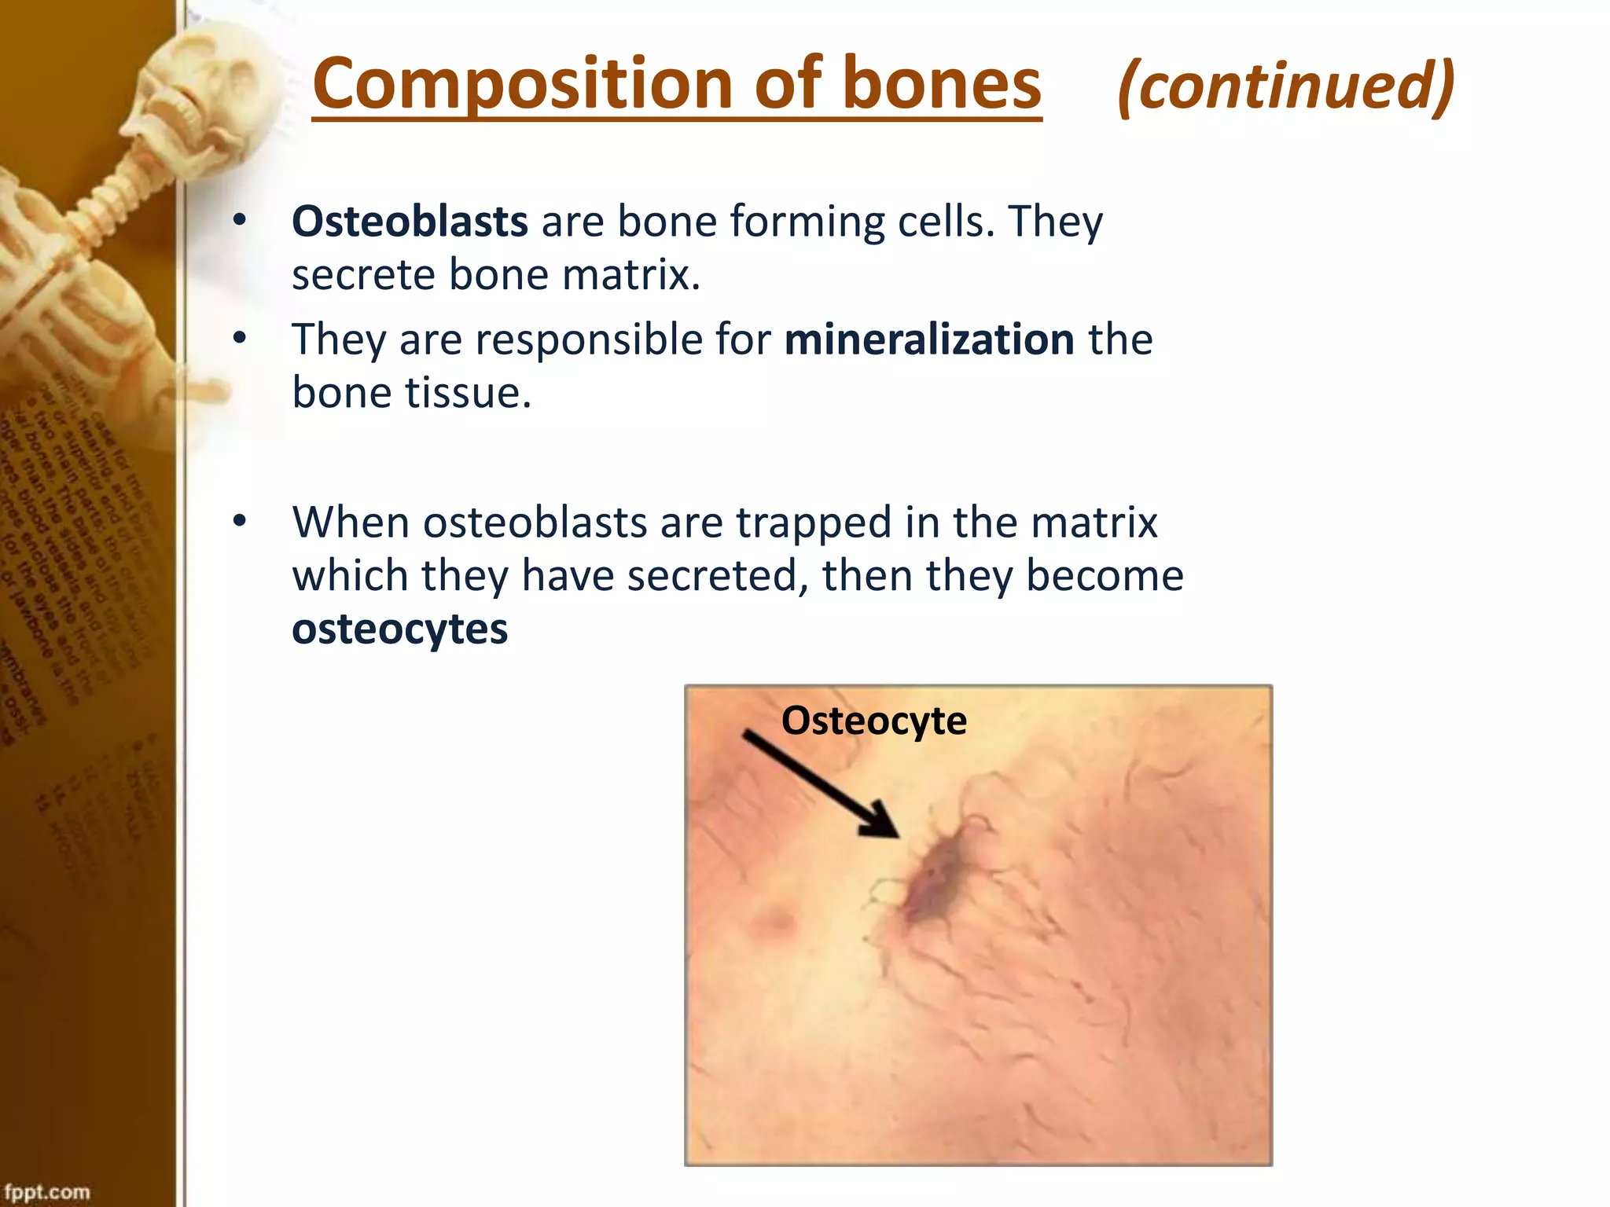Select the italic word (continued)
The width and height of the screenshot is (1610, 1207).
coord(1286,86)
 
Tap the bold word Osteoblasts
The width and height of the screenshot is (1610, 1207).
coord(410,222)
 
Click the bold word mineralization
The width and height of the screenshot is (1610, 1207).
coord(929,339)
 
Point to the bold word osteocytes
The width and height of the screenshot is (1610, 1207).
coord(399,629)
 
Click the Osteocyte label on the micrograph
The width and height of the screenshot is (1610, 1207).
coord(873,721)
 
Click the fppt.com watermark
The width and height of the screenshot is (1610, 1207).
coord(47,1191)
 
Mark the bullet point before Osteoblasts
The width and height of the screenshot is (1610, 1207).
coord(240,221)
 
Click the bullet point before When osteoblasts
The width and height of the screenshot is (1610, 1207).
coord(240,521)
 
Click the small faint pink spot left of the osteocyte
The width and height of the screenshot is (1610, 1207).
coord(776,920)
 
